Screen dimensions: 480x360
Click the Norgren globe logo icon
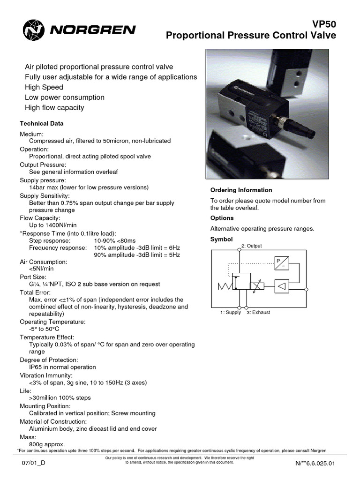tap(32, 30)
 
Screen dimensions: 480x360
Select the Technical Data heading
tap(41, 124)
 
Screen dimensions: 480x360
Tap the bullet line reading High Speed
tap(44, 87)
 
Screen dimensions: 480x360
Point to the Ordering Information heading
tap(241, 190)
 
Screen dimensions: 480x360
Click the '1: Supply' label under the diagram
tap(231, 312)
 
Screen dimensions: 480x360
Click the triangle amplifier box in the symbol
tap(282, 285)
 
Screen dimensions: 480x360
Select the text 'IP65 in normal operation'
tap(62, 367)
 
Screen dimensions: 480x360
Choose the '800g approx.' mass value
tap(47, 444)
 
